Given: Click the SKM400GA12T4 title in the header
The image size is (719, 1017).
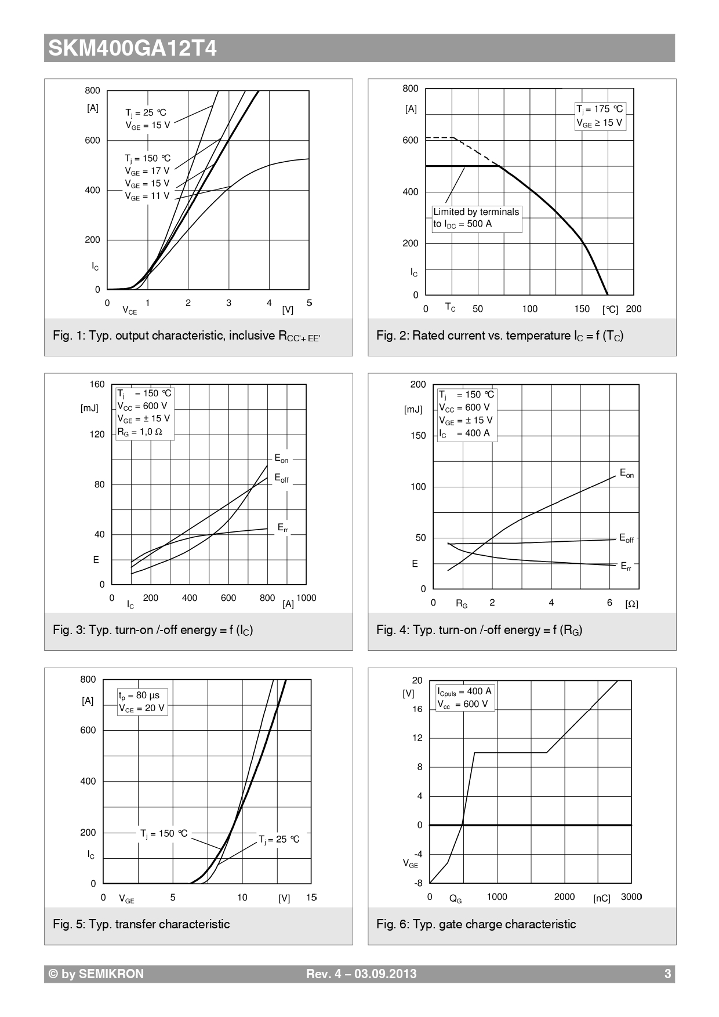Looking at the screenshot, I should [x=132, y=48].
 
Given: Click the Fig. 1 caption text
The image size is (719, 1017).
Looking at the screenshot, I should [x=186, y=336].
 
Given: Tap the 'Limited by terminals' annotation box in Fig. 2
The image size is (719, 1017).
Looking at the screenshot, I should [x=477, y=218].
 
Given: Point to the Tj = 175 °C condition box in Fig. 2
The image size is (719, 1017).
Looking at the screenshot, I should [x=600, y=116].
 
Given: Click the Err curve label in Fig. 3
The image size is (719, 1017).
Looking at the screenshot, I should [x=282, y=528].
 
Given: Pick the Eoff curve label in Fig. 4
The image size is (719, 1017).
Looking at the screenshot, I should [x=626, y=538].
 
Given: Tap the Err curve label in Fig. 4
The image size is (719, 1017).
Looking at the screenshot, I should [x=626, y=566].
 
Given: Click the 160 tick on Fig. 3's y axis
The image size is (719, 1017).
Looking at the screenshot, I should [x=97, y=385].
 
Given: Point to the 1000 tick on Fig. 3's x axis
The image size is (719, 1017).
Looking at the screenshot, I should [x=306, y=598].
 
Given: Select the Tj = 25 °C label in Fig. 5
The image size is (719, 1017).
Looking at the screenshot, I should [x=279, y=839].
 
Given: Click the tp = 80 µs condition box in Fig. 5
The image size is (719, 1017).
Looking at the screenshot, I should [x=142, y=702].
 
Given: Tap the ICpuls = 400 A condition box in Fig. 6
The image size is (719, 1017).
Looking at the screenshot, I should [x=464, y=698].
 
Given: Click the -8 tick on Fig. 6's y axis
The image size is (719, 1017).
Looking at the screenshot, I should [x=418, y=884].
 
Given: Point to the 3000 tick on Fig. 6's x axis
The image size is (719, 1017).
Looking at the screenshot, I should [x=631, y=897].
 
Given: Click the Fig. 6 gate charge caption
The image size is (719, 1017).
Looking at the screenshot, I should [x=476, y=924].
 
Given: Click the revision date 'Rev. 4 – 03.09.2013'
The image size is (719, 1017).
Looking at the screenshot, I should [x=361, y=974].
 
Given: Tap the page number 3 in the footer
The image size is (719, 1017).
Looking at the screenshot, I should [x=667, y=974].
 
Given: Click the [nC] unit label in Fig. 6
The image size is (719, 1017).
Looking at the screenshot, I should [x=602, y=899].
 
